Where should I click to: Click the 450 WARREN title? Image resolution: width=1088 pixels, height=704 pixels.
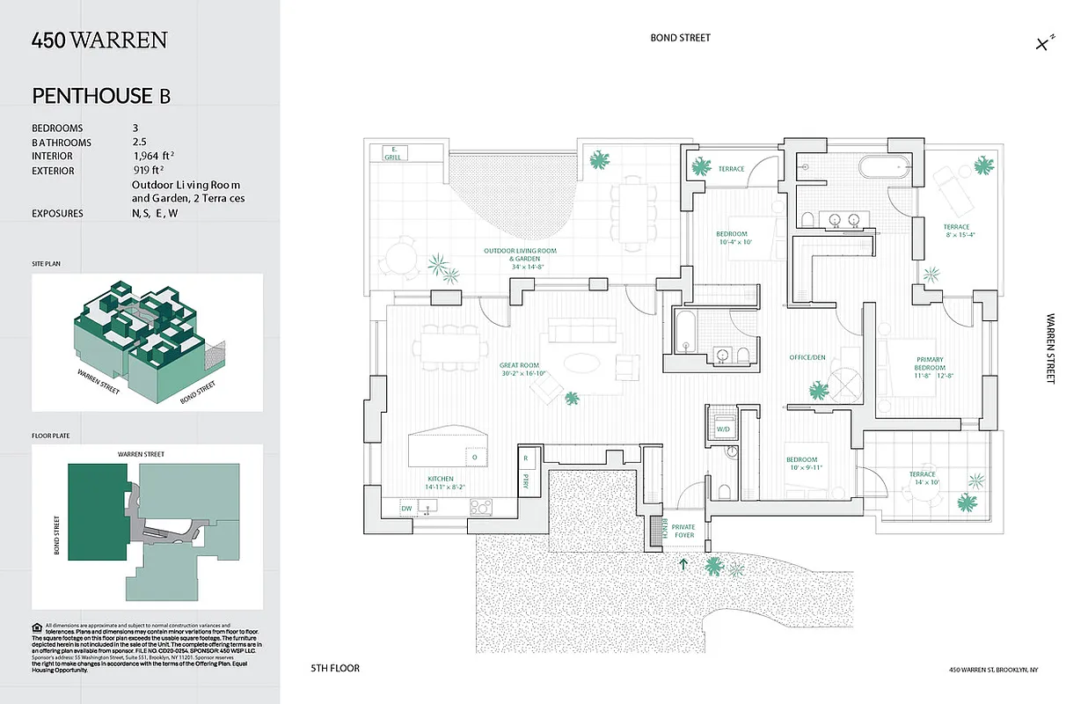[99, 40]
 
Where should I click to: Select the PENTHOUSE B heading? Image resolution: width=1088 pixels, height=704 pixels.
[101, 96]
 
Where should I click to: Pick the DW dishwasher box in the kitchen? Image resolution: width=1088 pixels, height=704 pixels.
[406, 508]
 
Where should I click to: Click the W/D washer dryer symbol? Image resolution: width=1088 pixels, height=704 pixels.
[723, 429]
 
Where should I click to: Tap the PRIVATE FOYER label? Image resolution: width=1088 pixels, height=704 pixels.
[683, 532]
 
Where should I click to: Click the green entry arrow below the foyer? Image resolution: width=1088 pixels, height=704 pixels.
[683, 563]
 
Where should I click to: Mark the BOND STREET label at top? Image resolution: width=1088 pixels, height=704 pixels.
[680, 38]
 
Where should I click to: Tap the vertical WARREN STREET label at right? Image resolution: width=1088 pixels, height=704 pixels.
[1050, 348]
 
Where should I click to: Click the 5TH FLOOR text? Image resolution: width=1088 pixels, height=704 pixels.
[335, 669]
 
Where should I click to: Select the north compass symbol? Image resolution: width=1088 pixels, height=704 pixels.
[1044, 42]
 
